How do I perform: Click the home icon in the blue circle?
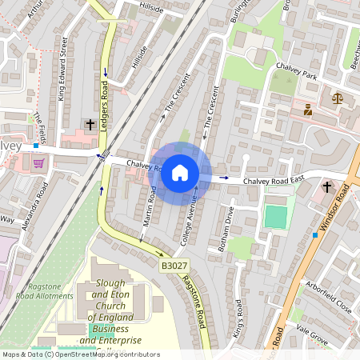180,172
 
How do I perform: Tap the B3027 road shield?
173,264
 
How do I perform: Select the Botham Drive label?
226,230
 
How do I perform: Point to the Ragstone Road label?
193,301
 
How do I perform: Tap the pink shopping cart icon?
38,163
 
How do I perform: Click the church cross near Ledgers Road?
90,125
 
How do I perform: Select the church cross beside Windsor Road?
326,187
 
